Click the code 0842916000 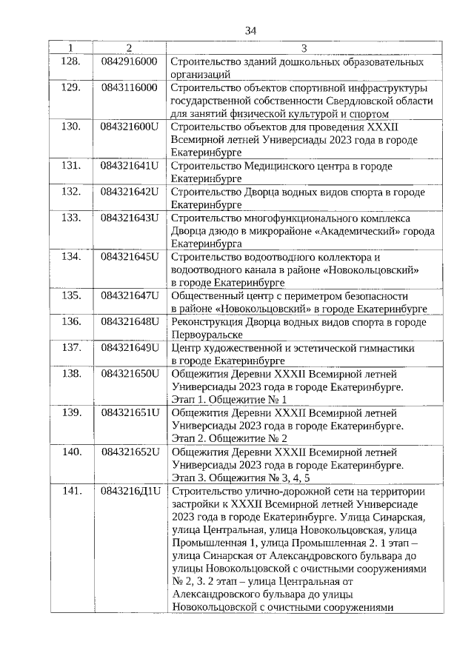coord(129,61)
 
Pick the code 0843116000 coord(129,87)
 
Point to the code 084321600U coord(130,127)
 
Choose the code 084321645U coord(130,257)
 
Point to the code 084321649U coord(130,347)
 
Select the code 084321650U coord(130,373)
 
